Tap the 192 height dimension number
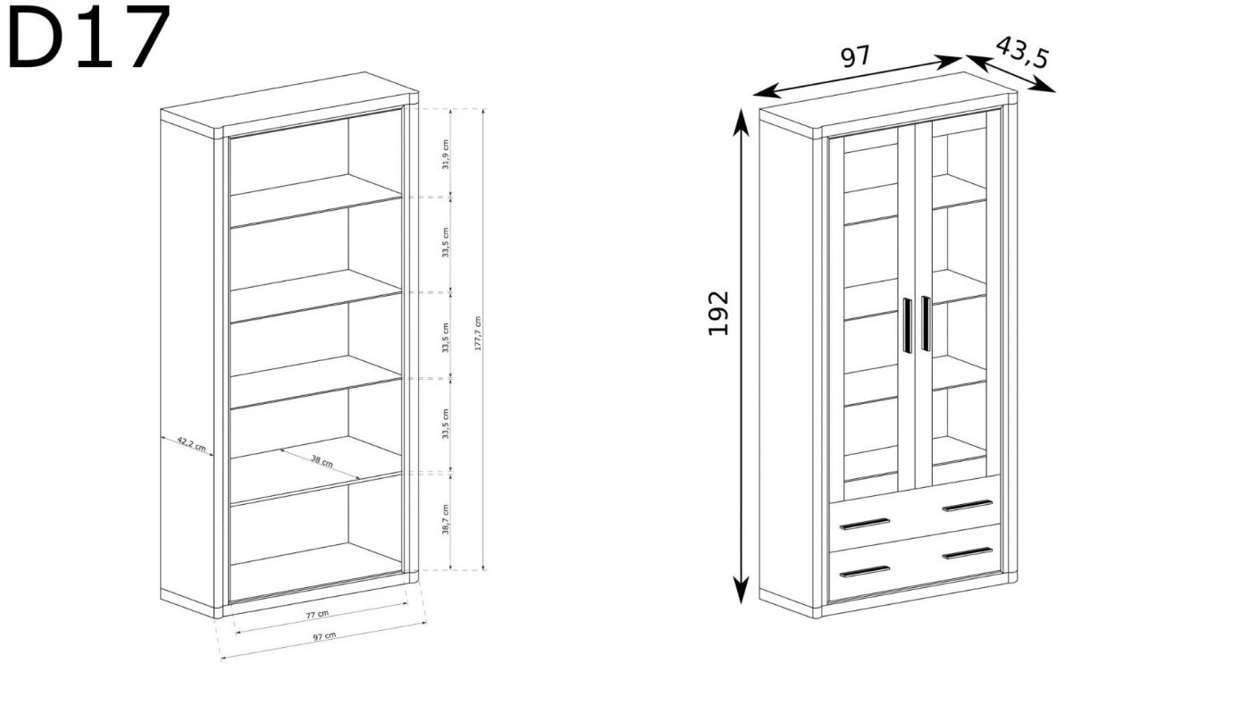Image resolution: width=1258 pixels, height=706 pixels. coord(717,313)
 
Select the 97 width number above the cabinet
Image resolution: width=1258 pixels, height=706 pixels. coord(855,56)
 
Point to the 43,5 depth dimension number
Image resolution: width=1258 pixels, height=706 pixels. coord(1022,54)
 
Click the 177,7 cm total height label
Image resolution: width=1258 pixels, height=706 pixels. coord(478,333)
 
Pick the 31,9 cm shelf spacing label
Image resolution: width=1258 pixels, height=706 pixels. coord(445,154)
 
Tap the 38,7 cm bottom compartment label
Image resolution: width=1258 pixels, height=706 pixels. coord(445,519)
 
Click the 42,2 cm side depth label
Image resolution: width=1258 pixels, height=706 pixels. coord(191,444)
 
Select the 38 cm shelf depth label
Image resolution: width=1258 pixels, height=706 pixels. coord(322,460)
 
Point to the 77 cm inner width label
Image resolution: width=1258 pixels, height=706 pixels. coord(317,614)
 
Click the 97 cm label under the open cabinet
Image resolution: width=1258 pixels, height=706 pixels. coord(324,635)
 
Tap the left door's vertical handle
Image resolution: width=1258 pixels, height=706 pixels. coord(907,325)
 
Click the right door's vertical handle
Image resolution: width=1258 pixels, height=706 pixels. coord(926,324)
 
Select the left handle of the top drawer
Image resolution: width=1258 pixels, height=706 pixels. coord(864,524)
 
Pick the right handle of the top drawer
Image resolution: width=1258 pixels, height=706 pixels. coord(968,506)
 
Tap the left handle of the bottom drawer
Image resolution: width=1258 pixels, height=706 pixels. coord(864,572)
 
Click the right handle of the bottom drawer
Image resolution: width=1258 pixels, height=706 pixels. coord(968,553)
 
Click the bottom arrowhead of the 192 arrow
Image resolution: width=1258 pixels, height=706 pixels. coord(742,590)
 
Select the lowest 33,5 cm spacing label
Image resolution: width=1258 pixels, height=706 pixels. coord(445,424)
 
